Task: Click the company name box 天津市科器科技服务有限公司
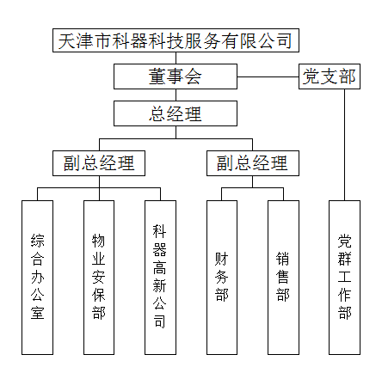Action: (x=176, y=40)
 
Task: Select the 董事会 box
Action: (x=176, y=76)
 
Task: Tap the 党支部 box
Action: (x=330, y=76)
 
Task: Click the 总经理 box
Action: (x=176, y=113)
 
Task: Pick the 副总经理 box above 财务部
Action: (x=253, y=163)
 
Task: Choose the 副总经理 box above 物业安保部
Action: (x=99, y=163)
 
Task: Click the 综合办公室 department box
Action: (x=38, y=278)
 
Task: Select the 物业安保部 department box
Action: (x=99, y=278)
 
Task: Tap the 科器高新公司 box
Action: (x=160, y=278)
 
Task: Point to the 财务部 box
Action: (x=222, y=278)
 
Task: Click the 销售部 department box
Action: (x=283, y=278)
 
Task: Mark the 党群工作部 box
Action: (x=344, y=278)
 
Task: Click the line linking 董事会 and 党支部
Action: (x=268, y=76)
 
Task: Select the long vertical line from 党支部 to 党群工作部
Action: (x=344, y=144)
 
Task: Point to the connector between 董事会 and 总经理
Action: (x=176, y=95)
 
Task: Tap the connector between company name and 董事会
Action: (x=176, y=58)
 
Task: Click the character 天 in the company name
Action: (x=67, y=40)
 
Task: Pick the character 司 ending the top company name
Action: (x=284, y=40)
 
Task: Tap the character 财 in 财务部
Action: (x=222, y=259)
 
